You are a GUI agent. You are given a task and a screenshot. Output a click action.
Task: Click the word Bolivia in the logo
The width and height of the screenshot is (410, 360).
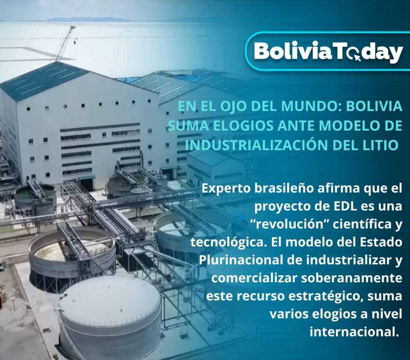coord(293,51)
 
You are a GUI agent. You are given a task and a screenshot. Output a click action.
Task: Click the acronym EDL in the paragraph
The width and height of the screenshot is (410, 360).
coord(344,206)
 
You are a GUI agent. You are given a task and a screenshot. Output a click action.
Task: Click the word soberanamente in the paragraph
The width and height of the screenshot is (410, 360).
coord(352,278)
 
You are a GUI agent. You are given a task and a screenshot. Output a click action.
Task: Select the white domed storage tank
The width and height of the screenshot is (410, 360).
coord(110,316)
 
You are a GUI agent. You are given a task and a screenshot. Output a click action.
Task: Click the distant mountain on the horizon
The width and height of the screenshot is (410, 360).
coord(86,19)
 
